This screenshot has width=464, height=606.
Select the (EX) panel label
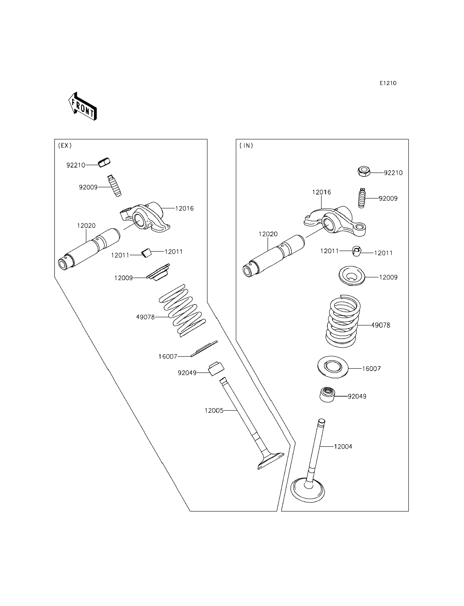(65, 146)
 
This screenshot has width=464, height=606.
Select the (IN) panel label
(246, 146)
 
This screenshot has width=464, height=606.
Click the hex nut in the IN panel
(364, 172)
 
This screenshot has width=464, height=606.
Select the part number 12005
(214, 411)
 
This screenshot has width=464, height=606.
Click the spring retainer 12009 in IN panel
(352, 275)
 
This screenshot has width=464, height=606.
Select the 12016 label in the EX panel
(184, 209)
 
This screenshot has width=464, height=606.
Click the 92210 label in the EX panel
(76, 165)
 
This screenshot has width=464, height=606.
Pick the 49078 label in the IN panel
(380, 325)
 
